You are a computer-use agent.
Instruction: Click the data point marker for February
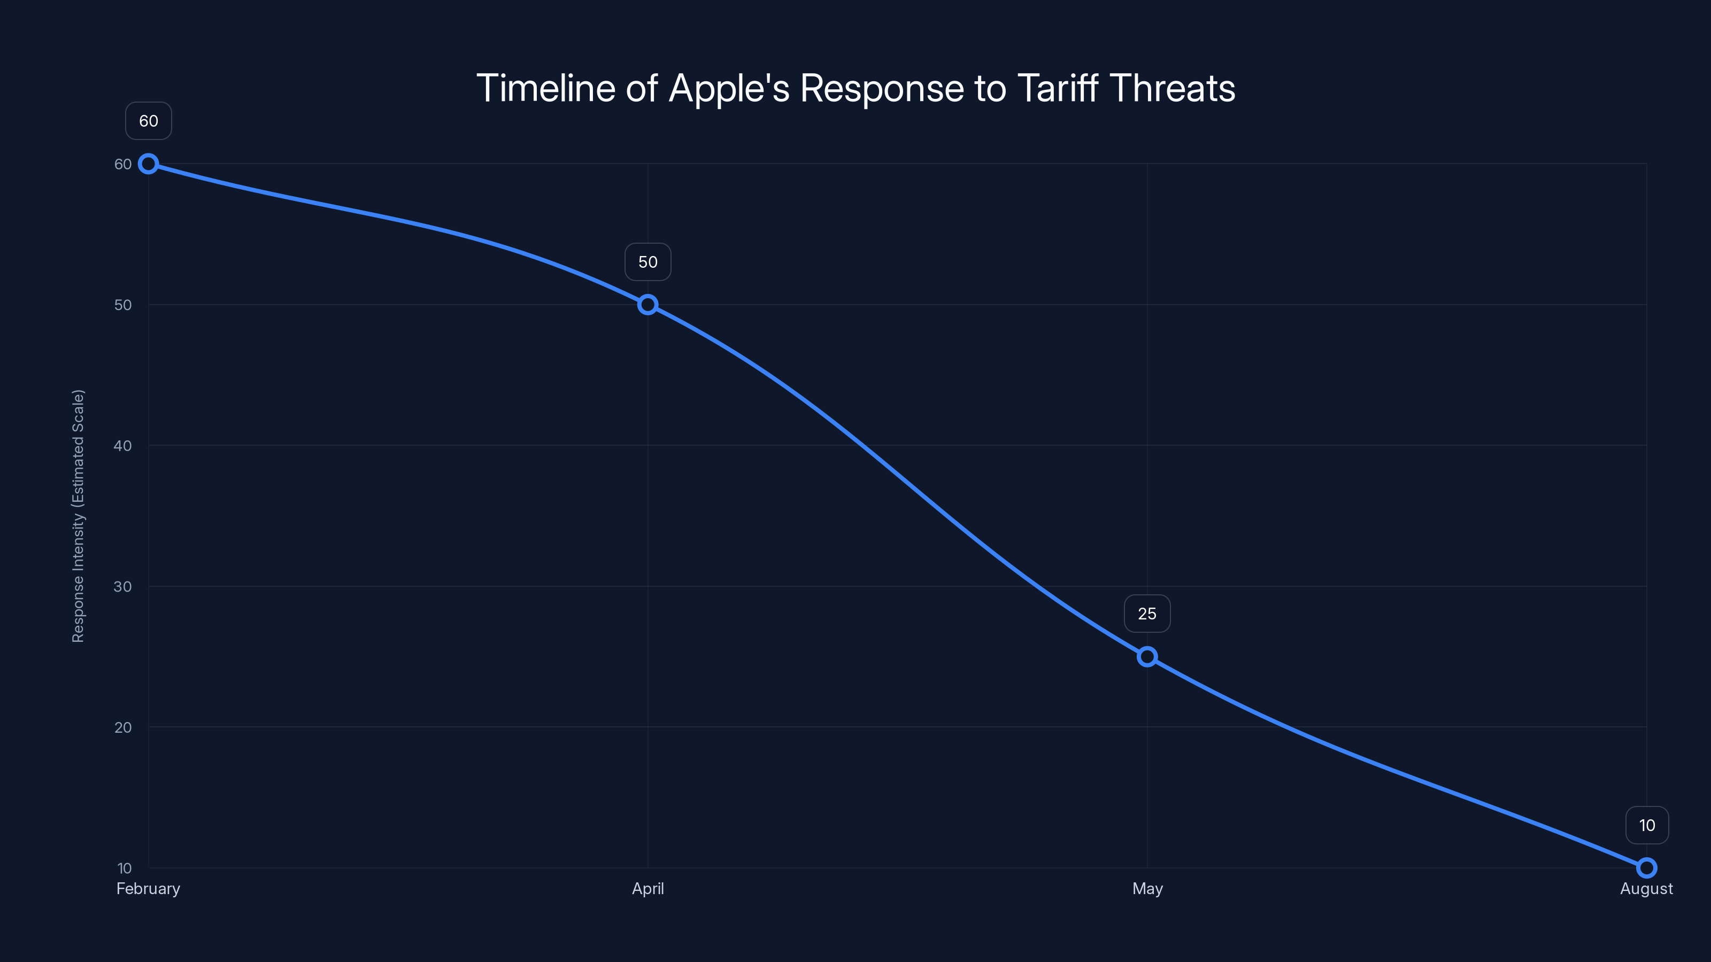148,164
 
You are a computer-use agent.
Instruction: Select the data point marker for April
648,305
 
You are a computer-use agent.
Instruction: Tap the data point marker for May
1147,657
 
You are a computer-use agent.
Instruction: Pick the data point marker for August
1647,868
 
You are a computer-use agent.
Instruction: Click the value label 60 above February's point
149,121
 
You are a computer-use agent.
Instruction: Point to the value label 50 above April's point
648,262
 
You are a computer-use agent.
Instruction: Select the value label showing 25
1147,614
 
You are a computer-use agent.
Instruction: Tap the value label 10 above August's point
1647,825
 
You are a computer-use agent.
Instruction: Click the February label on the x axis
148,888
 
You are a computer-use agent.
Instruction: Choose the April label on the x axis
648,888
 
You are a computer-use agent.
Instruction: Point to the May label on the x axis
1147,888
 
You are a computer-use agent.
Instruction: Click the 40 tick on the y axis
123,446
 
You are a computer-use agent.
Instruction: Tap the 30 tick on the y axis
123,586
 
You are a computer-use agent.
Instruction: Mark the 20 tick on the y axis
123,727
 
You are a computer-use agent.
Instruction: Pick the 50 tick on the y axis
123,305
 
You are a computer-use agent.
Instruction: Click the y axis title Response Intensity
79,516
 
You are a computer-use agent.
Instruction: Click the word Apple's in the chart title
729,88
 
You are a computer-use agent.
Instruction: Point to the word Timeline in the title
546,88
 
